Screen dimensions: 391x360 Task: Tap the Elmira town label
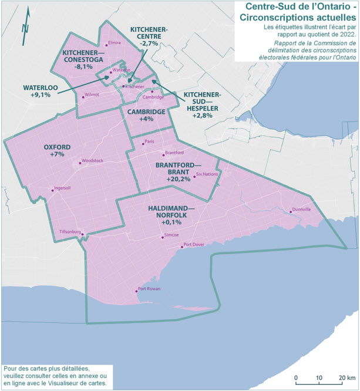114,43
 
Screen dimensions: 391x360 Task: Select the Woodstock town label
92,160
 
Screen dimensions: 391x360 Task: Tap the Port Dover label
194,245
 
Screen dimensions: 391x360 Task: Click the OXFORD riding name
57,146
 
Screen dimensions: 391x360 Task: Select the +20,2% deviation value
179,179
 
